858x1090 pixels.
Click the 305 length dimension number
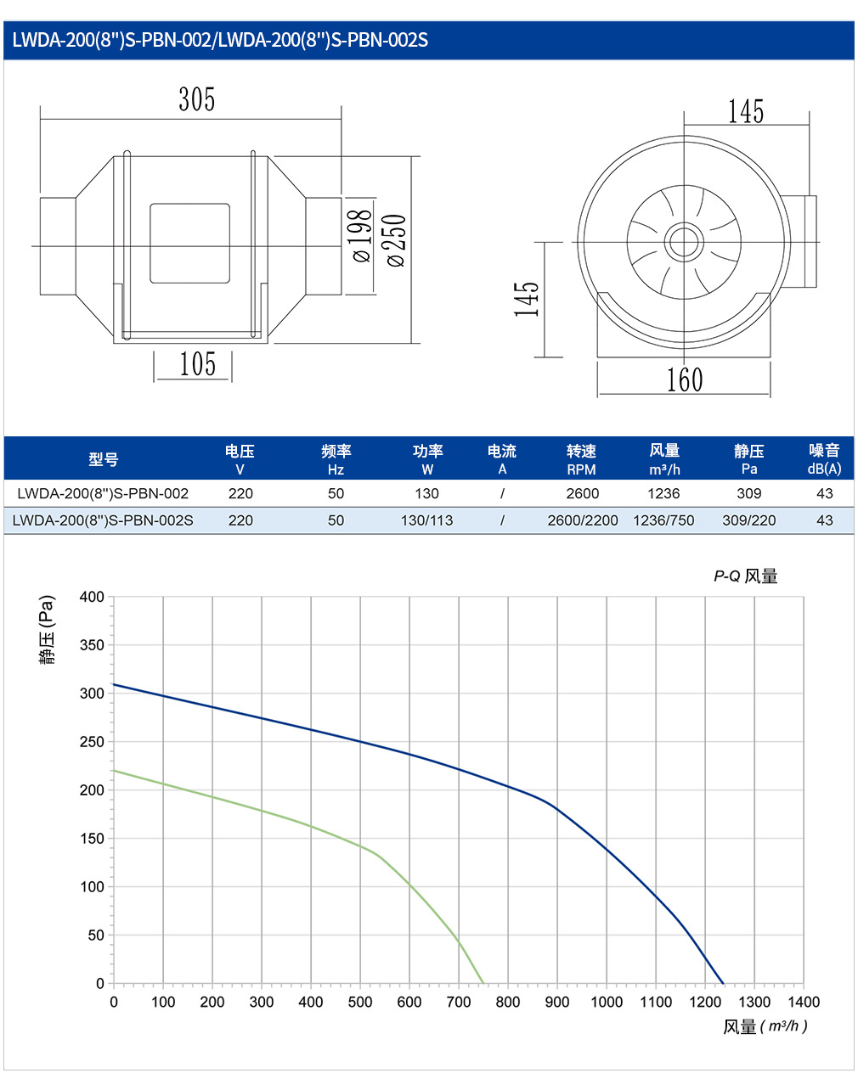[196, 99]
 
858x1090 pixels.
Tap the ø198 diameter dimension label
[363, 235]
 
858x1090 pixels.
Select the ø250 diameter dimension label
[396, 240]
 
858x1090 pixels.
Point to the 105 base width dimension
[198, 363]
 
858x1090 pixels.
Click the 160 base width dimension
[685, 379]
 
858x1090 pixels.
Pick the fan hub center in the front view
[684, 242]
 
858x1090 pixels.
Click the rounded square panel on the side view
[189, 243]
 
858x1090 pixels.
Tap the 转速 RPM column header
[581, 459]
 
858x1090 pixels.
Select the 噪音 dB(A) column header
[824, 459]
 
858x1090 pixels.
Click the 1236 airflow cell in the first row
[663, 493]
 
